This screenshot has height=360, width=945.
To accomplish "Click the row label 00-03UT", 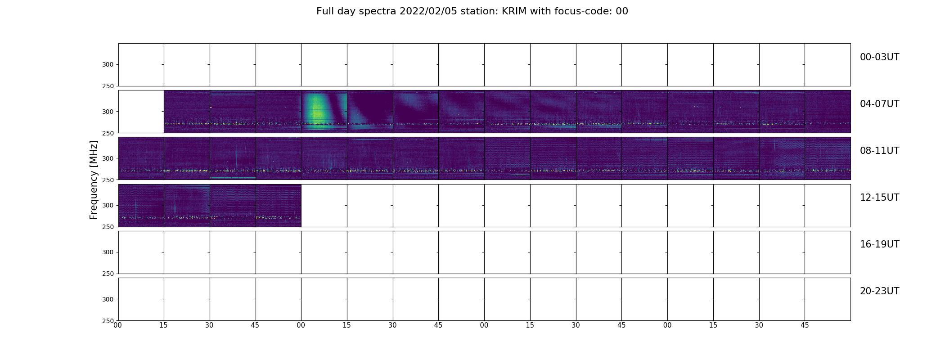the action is pyautogui.click(x=879, y=57).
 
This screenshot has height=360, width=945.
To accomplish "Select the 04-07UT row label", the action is pyautogui.click(x=879, y=104).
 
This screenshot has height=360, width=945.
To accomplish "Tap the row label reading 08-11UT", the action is pyautogui.click(x=879, y=151).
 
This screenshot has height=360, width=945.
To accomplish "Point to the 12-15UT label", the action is pyautogui.click(x=879, y=198).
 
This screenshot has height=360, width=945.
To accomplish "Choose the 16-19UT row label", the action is pyautogui.click(x=879, y=244).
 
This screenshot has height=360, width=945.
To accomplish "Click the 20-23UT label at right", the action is pyautogui.click(x=879, y=291).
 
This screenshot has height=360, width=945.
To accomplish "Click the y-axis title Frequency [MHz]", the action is pyautogui.click(x=94, y=180).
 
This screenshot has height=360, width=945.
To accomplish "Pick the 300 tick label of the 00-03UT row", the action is pyautogui.click(x=108, y=65).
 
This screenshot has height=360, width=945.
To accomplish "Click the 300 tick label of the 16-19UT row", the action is pyautogui.click(x=108, y=252).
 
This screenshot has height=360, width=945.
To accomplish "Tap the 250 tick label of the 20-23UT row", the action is pyautogui.click(x=108, y=321).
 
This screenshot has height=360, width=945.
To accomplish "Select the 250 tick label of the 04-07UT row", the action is pyautogui.click(x=108, y=133).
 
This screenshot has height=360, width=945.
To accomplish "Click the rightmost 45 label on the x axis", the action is pyautogui.click(x=805, y=325).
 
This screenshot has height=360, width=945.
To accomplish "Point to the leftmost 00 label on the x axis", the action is pyautogui.click(x=118, y=325).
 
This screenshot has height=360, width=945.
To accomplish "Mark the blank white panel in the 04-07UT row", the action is pyautogui.click(x=141, y=112).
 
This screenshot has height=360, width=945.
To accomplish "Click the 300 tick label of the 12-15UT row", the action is pyautogui.click(x=108, y=206).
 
